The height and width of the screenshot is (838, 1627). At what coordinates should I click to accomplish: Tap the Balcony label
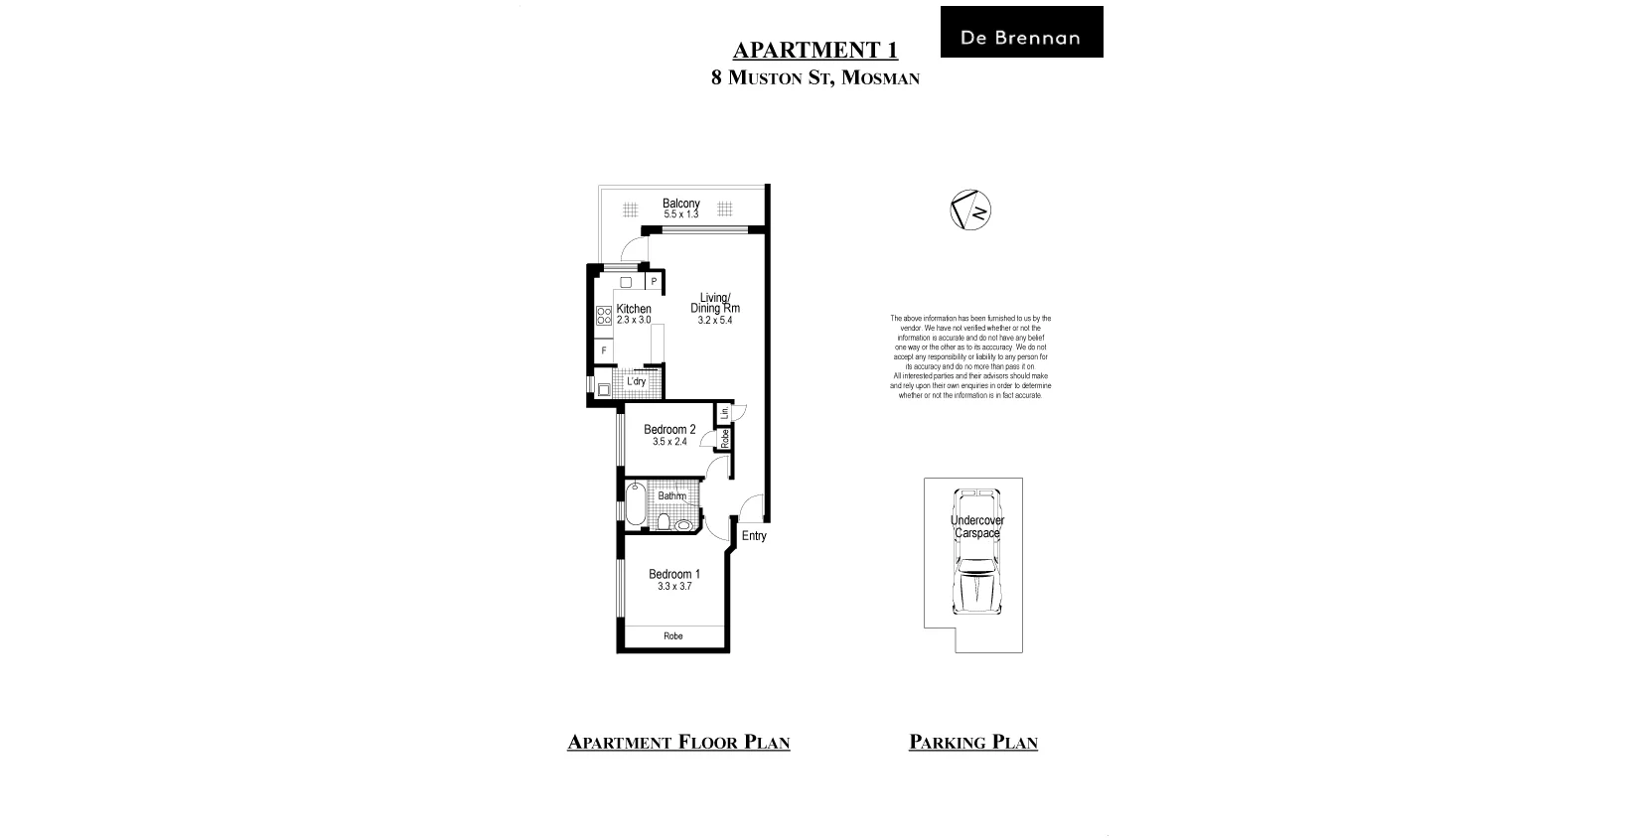681,204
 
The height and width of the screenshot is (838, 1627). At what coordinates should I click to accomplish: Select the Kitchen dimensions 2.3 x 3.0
634,320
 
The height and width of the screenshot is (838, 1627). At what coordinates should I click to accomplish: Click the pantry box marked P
654,281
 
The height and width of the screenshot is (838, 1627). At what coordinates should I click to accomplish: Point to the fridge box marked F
603,351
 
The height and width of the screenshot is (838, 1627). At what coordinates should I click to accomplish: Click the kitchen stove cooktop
603,316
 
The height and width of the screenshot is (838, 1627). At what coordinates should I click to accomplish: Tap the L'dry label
636,381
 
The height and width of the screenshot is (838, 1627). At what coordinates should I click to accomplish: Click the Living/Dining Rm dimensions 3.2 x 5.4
715,320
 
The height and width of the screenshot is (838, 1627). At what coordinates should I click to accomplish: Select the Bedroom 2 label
669,430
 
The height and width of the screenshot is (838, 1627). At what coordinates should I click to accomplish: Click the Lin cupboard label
725,412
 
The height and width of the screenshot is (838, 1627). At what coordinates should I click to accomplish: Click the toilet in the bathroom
665,521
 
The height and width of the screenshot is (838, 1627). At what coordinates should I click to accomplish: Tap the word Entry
754,536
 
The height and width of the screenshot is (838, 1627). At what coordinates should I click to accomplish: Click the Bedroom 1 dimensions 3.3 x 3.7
674,587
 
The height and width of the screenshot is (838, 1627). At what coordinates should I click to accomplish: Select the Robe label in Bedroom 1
673,635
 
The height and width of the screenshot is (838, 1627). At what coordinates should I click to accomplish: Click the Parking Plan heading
972,742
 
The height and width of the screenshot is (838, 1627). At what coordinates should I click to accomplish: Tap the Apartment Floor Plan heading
678,742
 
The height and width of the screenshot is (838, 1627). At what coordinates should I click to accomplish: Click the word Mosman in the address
880,77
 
